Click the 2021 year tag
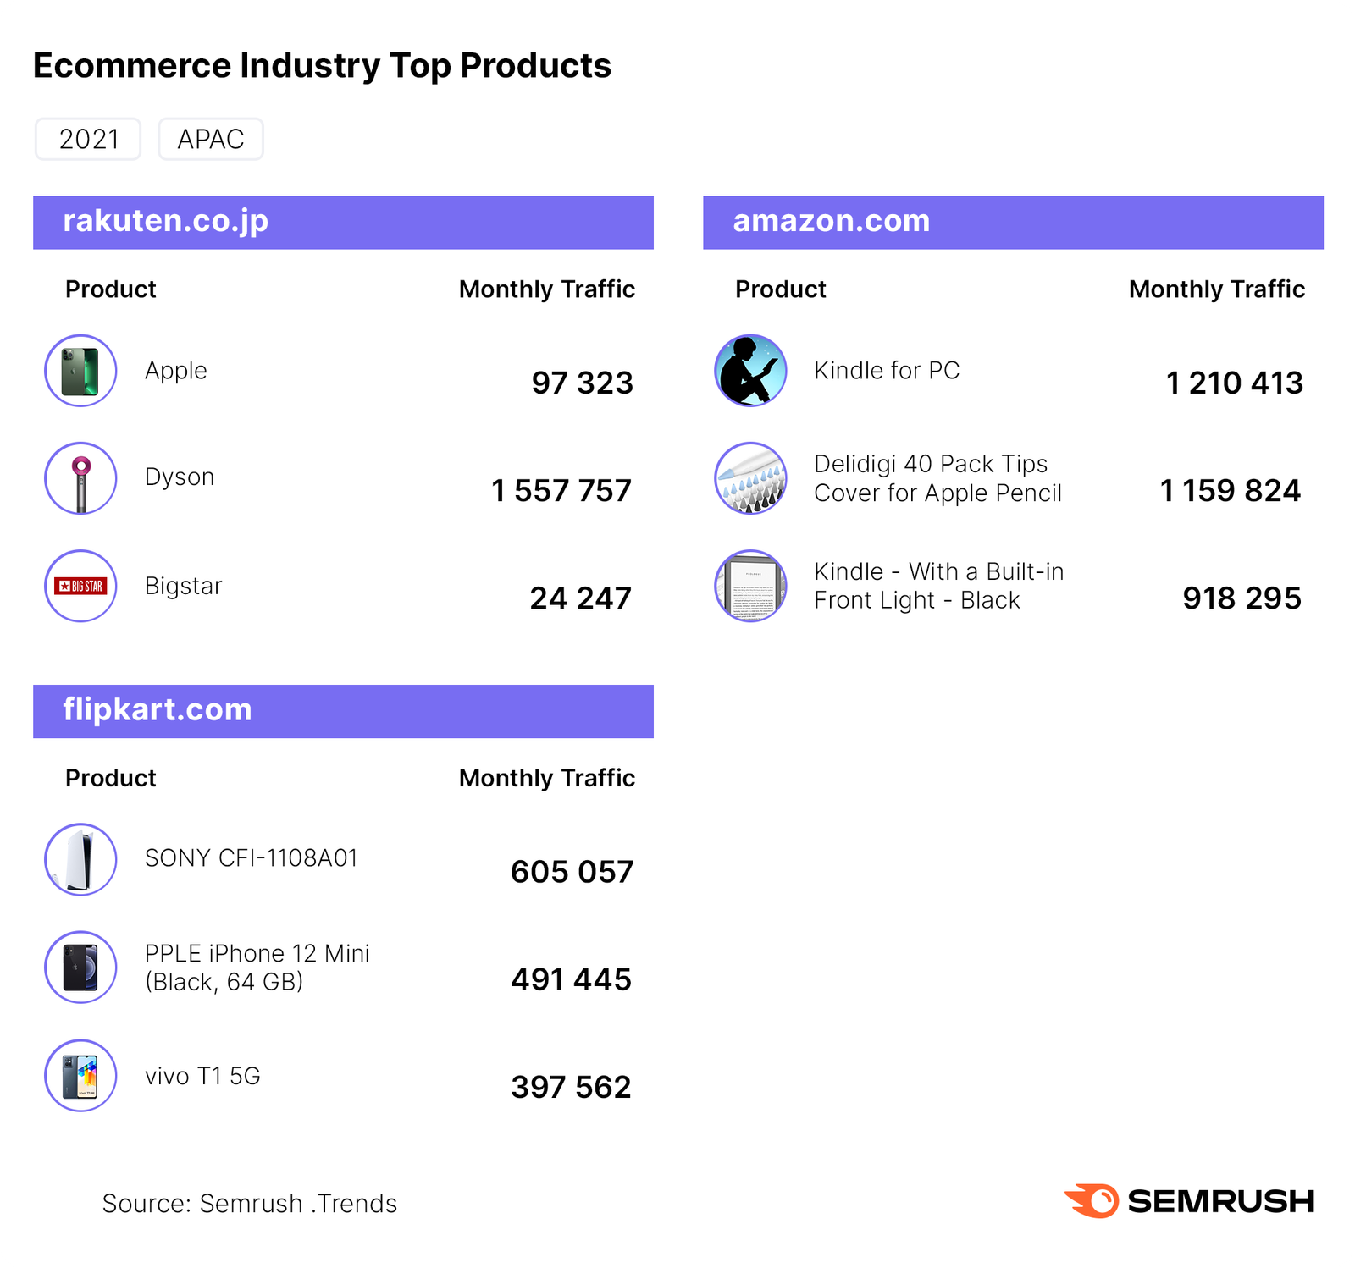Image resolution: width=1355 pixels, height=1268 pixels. (x=88, y=139)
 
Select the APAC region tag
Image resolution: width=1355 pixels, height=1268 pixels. (x=211, y=139)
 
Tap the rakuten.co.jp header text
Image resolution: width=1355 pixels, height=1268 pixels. (x=166, y=221)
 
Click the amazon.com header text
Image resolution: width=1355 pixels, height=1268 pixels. (x=831, y=221)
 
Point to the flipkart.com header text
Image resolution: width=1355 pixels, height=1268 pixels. (x=158, y=709)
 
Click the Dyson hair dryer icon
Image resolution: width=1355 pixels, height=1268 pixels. (x=80, y=478)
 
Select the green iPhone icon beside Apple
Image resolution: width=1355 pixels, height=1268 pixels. (x=80, y=371)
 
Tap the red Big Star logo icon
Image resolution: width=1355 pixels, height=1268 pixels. (x=80, y=586)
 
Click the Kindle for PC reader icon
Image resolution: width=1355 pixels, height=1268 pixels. (x=750, y=371)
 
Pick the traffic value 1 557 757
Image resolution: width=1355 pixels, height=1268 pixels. (x=561, y=491)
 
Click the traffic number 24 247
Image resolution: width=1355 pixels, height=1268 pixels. (x=581, y=598)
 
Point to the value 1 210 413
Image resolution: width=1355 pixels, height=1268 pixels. (x=1234, y=383)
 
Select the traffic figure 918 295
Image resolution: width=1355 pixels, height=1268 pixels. (x=1242, y=598)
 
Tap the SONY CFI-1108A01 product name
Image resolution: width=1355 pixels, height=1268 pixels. (x=252, y=858)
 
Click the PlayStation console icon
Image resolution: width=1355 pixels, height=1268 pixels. (x=80, y=859)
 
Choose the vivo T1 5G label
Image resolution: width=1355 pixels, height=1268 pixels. (x=202, y=1076)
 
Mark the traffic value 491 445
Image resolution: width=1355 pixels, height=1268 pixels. (x=571, y=979)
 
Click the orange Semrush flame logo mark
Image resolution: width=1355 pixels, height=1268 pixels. (x=1092, y=1200)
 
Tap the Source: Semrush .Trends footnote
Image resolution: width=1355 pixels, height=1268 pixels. (x=250, y=1203)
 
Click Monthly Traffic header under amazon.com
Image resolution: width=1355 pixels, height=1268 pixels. (x=1216, y=289)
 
